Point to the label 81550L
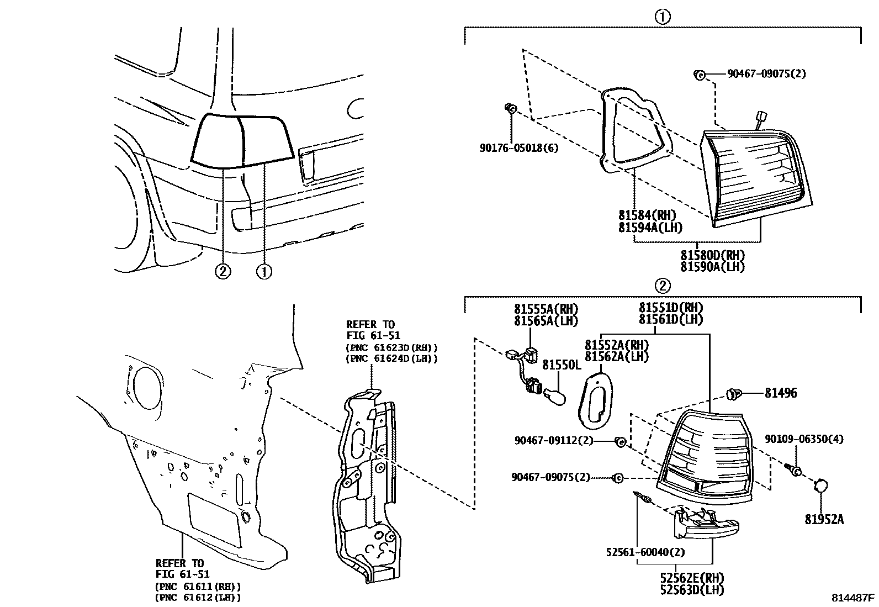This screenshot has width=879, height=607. [x=562, y=365]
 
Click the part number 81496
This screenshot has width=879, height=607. [x=780, y=393]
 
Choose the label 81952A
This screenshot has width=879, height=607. [x=824, y=520]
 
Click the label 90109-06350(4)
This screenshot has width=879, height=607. [x=804, y=439]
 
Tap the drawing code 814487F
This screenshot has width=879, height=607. [x=854, y=598]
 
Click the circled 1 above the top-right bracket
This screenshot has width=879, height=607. [x=662, y=17]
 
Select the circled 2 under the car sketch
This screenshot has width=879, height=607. [x=223, y=271]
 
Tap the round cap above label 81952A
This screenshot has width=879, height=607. [x=821, y=486]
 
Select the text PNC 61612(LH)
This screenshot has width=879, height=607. [x=198, y=598]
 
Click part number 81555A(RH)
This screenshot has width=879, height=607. [x=546, y=309]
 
